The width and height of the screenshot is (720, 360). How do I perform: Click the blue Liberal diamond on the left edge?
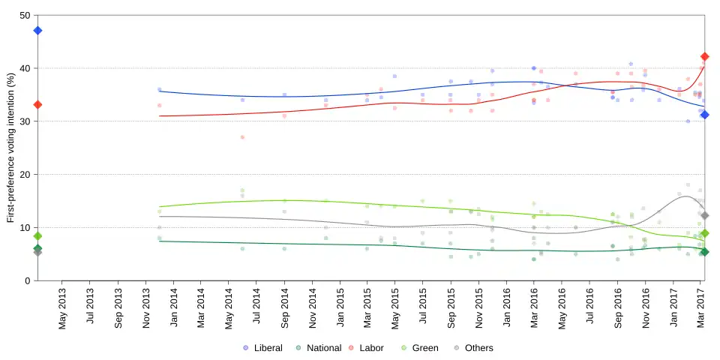coord(37,31)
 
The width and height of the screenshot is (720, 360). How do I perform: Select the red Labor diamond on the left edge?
coord(37,105)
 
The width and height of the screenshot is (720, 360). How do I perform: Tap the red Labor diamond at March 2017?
coord(704,57)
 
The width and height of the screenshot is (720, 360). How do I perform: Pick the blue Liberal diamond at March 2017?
coord(704,115)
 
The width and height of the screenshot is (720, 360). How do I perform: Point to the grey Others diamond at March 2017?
coord(704,216)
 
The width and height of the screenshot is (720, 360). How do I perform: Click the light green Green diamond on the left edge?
coord(37,236)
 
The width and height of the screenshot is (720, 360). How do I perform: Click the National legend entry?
coord(318,348)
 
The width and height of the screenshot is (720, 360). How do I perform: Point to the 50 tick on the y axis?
coord(25,16)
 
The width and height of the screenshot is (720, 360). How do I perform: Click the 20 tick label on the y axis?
coord(25,175)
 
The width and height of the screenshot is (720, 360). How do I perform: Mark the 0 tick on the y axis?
coord(28,280)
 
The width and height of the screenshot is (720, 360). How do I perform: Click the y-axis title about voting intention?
coord(10,148)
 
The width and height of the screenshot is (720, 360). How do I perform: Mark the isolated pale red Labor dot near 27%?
coord(242,137)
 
